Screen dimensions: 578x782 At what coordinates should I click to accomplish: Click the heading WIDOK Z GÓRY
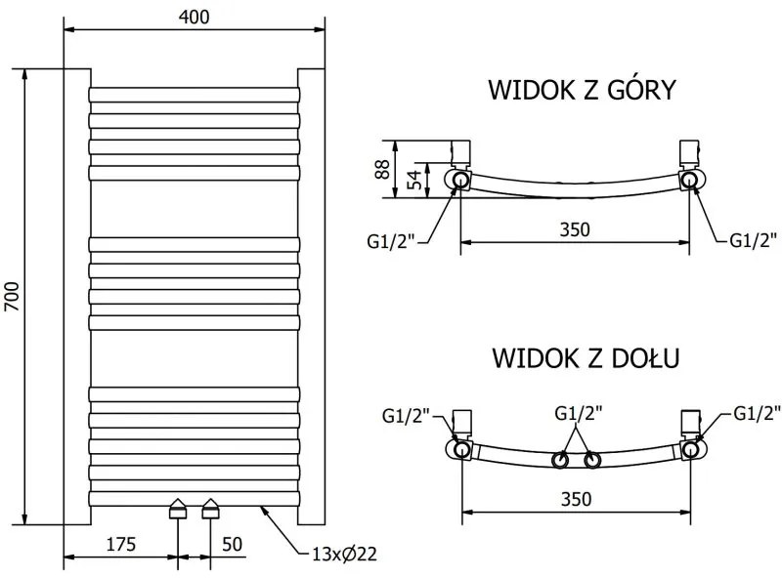582,91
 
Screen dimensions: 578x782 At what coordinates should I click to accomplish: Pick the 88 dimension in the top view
384,169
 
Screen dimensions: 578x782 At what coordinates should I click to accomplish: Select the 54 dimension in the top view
413,179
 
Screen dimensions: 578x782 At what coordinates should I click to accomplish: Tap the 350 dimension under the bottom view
577,498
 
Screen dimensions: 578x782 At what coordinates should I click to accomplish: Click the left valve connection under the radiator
178,510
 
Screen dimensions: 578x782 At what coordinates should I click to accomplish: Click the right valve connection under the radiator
211,510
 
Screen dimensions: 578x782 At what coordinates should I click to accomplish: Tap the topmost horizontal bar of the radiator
194,95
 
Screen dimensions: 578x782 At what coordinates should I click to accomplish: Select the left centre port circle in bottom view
561,459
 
